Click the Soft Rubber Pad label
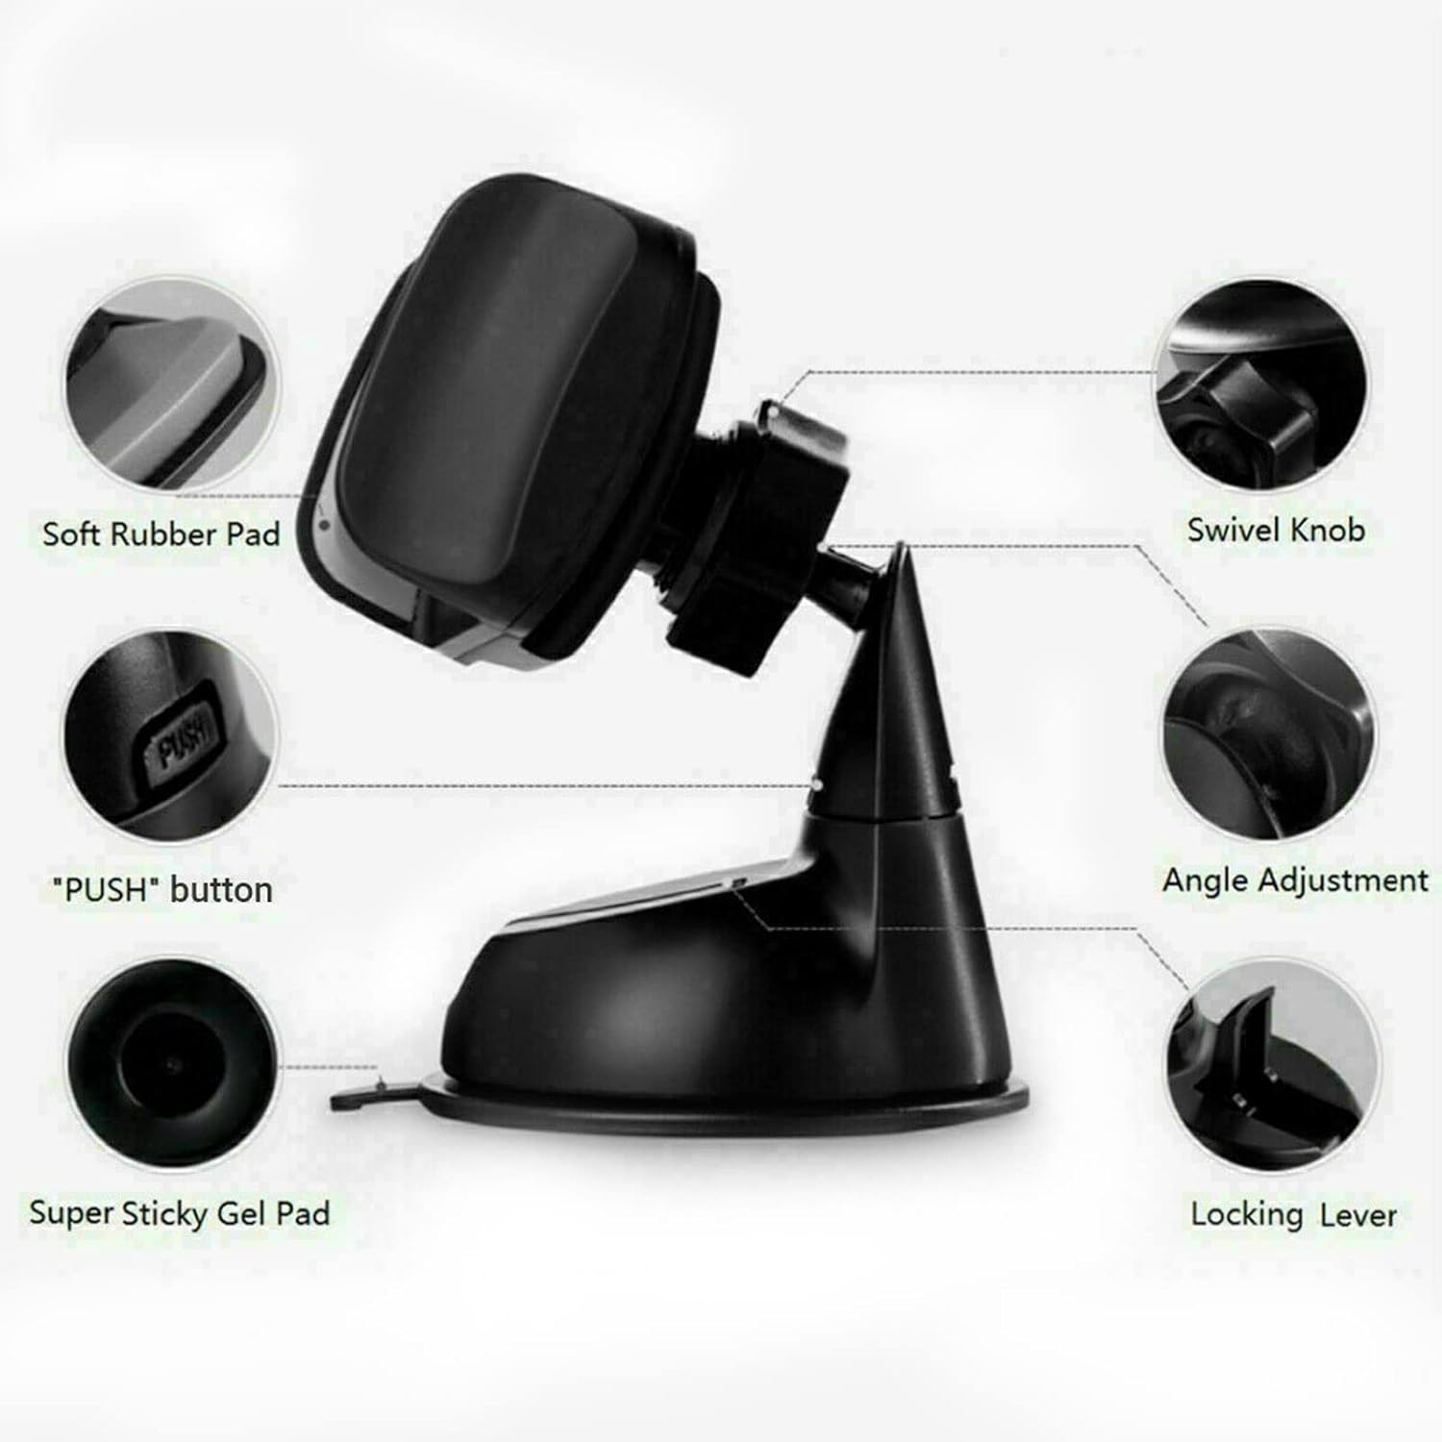pos(161,534)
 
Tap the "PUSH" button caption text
pos(161,889)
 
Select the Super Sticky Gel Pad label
pos(179,1212)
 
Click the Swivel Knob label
pos(1275,530)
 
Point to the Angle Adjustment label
pos(1295,881)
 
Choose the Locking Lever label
pos(1293,1214)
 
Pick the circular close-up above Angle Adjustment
pos(1269,735)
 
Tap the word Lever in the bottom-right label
pos(1357,1215)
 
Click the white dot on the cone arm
pos(814,783)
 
